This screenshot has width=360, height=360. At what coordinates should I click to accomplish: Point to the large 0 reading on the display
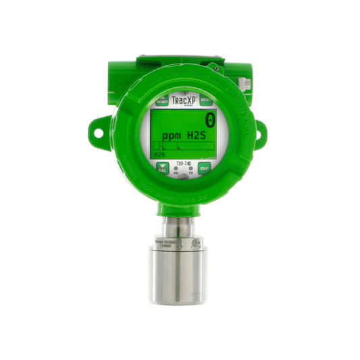[x=210, y=120]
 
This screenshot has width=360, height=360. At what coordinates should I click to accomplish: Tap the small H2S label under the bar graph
[x=159, y=155]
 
